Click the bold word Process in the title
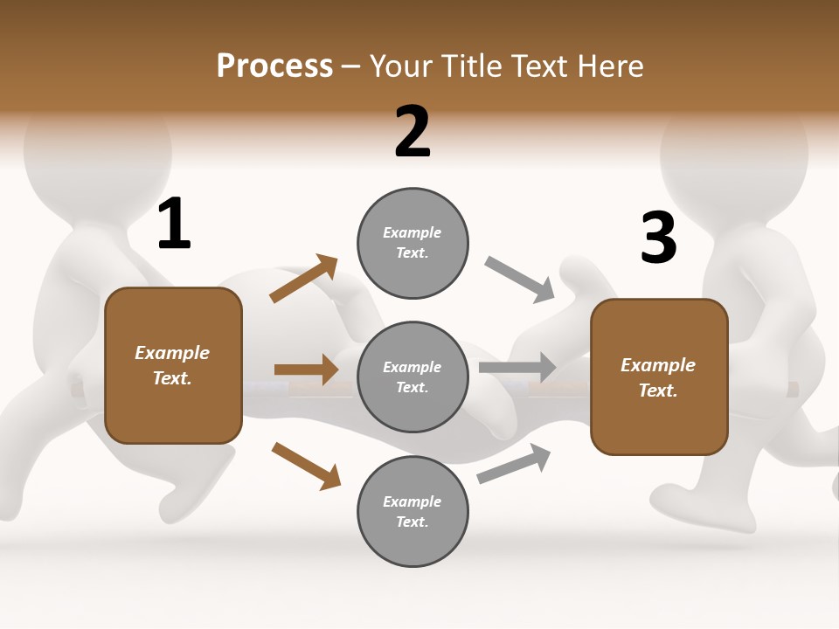click(x=274, y=66)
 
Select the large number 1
click(x=174, y=225)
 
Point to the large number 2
click(x=413, y=132)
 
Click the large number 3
click(x=658, y=238)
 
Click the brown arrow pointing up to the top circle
click(x=304, y=279)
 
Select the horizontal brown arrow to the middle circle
click(x=306, y=370)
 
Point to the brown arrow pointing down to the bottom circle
click(x=306, y=465)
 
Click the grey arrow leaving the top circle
click(x=520, y=280)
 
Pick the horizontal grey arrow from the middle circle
click(x=517, y=367)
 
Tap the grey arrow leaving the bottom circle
click(x=514, y=463)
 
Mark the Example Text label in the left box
click(x=172, y=365)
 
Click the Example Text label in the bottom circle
click(x=413, y=512)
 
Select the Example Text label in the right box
click(x=658, y=377)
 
